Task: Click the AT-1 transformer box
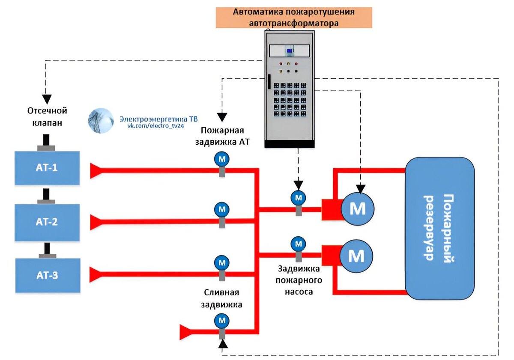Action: pos(47,167)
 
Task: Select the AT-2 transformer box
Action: pos(47,222)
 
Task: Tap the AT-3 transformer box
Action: pos(48,275)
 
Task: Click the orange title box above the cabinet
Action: pos(294,18)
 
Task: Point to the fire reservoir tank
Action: pos(440,228)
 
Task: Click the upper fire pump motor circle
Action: pos(358,208)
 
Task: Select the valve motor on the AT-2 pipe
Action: pos(222,209)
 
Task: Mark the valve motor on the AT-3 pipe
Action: pos(222,262)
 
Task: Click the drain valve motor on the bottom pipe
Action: pos(222,320)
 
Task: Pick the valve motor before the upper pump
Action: pos(298,197)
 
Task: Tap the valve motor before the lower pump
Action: pos(298,244)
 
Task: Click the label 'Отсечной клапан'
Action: pos(47,116)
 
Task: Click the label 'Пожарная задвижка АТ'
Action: pos(222,136)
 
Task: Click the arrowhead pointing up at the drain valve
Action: pos(222,343)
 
